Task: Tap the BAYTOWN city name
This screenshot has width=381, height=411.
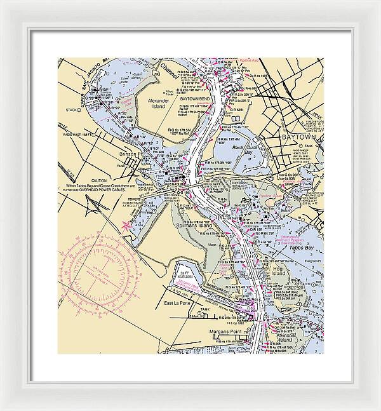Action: (x=297, y=137)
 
